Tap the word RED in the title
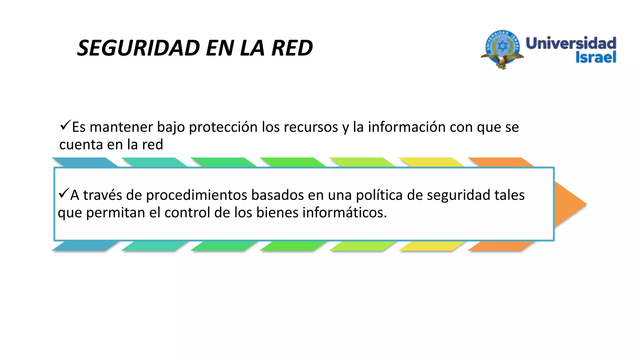tap(292, 48)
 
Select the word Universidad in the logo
tap(571, 43)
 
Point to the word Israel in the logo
tap(596, 57)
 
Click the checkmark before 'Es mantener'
tap(65, 126)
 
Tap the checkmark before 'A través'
tap(64, 193)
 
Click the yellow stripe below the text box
tap(431, 246)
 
